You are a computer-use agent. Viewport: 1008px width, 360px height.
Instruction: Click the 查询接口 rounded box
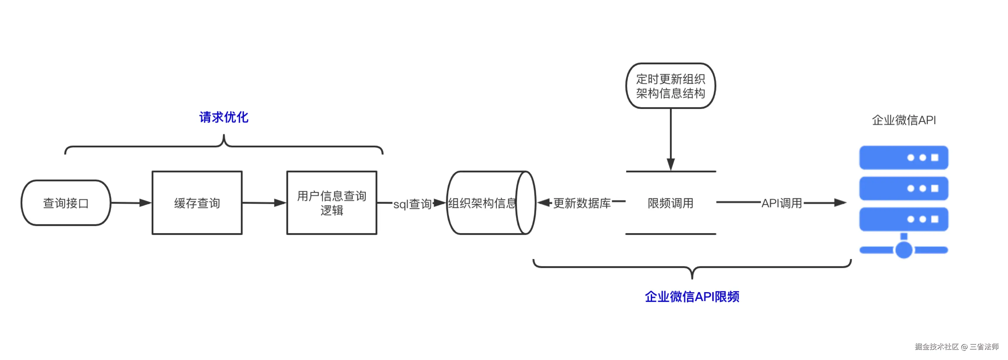66,203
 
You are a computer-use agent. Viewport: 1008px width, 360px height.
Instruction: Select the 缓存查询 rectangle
197,203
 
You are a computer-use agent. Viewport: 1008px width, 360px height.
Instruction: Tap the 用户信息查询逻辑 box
331,203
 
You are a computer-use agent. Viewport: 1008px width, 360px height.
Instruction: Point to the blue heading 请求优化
224,117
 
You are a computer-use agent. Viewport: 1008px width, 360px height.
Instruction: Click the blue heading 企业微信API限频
692,297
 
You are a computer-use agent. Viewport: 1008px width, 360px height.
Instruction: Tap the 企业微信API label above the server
903,120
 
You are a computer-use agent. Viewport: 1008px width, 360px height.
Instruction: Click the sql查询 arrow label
412,204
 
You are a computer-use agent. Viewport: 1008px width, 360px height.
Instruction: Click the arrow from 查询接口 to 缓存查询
131,203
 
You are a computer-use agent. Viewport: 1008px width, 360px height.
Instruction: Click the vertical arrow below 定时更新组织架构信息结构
671,139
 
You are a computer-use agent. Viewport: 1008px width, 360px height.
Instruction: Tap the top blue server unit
903,157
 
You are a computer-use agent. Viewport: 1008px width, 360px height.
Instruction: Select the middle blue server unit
903,188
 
